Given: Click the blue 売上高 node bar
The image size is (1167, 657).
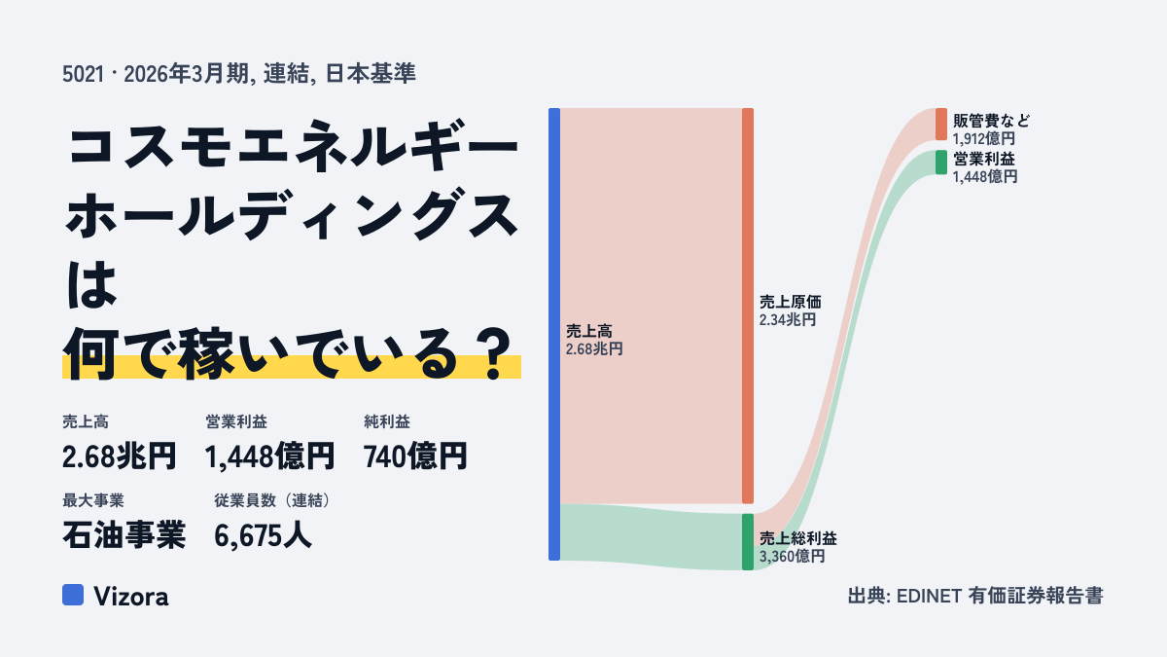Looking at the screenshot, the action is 554,334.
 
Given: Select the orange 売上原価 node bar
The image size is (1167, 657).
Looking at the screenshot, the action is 748,306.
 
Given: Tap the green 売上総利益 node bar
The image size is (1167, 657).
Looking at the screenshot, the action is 748,542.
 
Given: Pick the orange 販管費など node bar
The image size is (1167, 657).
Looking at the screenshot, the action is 941,125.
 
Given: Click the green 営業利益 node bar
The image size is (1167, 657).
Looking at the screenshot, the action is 941,163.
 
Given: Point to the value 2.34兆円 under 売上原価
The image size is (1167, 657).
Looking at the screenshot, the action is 787,319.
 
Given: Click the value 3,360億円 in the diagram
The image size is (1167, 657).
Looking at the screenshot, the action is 792,557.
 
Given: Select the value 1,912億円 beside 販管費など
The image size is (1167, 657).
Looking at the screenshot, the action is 984,138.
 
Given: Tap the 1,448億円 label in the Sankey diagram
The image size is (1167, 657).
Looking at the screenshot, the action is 985,177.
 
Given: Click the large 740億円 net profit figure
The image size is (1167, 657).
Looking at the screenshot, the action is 414,456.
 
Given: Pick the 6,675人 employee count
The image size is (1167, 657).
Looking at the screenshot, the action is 263,535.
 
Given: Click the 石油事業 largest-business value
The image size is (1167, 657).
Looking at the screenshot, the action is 124,535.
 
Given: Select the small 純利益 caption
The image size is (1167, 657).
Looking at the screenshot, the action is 387,421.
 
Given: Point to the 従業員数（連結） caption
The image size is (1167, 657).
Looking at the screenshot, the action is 273,500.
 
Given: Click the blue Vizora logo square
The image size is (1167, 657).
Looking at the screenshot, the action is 73,595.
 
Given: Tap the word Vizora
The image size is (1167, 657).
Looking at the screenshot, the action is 131,596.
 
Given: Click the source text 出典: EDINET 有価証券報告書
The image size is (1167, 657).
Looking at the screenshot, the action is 975,596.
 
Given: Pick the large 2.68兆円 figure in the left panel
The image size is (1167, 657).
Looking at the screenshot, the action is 119,456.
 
